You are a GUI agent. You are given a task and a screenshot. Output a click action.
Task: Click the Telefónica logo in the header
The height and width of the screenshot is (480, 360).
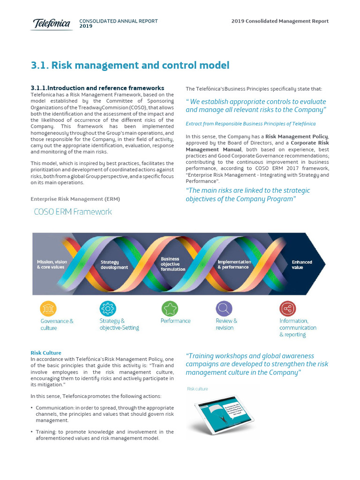click(52, 23)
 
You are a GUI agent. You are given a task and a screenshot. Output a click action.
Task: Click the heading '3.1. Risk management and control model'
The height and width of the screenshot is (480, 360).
click(130, 66)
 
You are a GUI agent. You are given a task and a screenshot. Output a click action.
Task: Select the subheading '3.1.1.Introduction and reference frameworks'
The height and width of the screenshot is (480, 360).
click(97, 88)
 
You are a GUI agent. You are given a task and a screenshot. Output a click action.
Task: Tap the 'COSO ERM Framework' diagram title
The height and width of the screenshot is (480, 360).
click(73, 212)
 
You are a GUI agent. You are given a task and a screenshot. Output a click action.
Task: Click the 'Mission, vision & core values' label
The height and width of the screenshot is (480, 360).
click(52, 264)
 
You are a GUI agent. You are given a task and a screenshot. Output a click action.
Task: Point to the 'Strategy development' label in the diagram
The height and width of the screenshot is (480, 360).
click(114, 265)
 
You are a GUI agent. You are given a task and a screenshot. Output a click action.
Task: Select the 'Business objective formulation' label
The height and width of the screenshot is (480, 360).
click(173, 264)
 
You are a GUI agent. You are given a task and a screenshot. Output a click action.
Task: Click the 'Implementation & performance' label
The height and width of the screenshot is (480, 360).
click(234, 264)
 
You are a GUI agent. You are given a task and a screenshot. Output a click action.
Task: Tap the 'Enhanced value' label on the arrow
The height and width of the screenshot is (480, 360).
click(301, 265)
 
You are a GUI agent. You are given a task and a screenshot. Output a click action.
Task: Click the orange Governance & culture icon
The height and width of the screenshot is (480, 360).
click(48, 308)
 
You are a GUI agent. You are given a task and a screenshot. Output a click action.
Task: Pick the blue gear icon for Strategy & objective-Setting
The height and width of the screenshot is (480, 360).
click(108, 308)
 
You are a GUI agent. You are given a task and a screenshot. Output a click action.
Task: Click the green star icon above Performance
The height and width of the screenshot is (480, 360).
click(170, 308)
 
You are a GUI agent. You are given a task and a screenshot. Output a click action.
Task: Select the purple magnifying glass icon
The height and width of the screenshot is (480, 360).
click(224, 308)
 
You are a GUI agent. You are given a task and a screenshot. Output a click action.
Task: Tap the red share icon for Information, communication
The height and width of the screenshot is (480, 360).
click(287, 308)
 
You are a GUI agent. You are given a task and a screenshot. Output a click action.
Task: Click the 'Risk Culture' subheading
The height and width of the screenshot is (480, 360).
click(46, 352)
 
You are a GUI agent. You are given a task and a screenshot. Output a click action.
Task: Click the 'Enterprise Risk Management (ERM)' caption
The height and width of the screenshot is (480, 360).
click(75, 199)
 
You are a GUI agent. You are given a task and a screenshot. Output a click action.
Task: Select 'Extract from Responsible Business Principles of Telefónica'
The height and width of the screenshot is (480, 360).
click(250, 124)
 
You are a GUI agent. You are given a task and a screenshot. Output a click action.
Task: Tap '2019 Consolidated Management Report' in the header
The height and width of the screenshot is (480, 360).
click(280, 21)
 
